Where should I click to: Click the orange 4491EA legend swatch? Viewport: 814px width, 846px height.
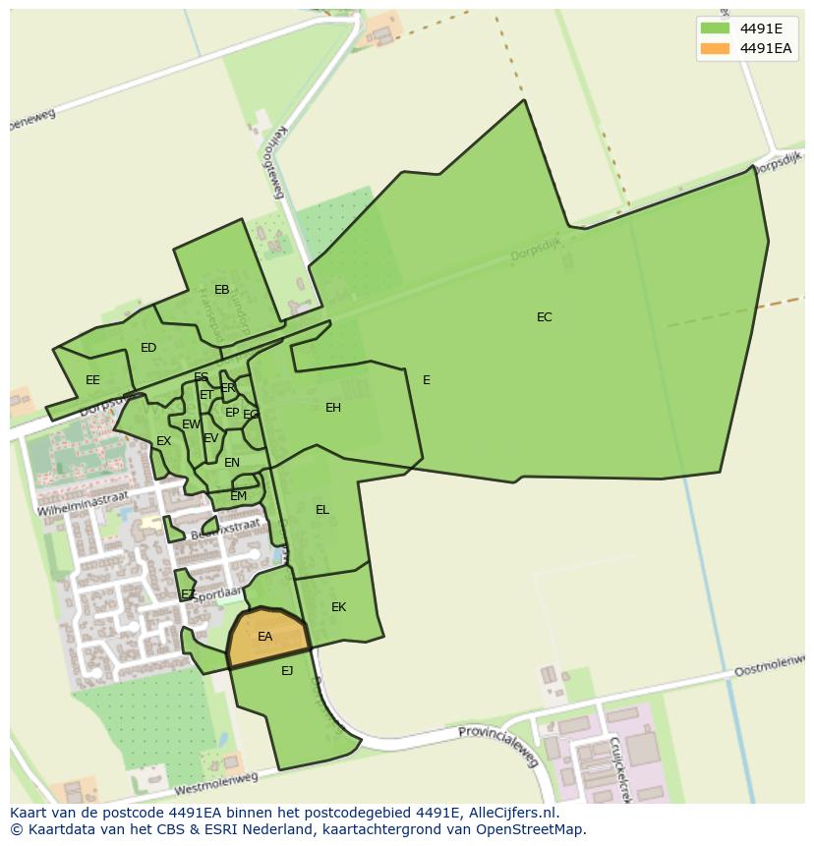pyautogui.click(x=715, y=48)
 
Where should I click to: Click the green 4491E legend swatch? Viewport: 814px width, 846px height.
pyautogui.click(x=715, y=28)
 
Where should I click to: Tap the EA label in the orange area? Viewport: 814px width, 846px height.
pyautogui.click(x=264, y=637)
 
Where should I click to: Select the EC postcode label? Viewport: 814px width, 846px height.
pyautogui.click(x=544, y=316)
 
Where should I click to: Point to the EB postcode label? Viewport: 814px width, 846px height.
pyautogui.click(x=221, y=290)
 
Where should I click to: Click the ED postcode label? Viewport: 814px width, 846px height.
pyautogui.click(x=148, y=348)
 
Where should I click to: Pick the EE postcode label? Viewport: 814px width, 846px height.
pyautogui.click(x=92, y=380)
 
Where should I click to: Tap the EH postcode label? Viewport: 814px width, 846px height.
pyautogui.click(x=333, y=408)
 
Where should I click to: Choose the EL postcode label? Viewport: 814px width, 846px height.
pyautogui.click(x=322, y=510)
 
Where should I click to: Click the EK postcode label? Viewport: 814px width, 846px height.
pyautogui.click(x=338, y=607)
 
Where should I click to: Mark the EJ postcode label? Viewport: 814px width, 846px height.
pyautogui.click(x=287, y=671)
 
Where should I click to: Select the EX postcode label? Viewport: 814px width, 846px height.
pyautogui.click(x=163, y=441)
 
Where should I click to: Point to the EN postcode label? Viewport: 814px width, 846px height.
pyautogui.click(x=232, y=463)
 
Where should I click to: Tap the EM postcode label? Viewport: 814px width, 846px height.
pyautogui.click(x=238, y=496)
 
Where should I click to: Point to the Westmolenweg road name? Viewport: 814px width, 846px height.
pyautogui.click(x=215, y=783)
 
